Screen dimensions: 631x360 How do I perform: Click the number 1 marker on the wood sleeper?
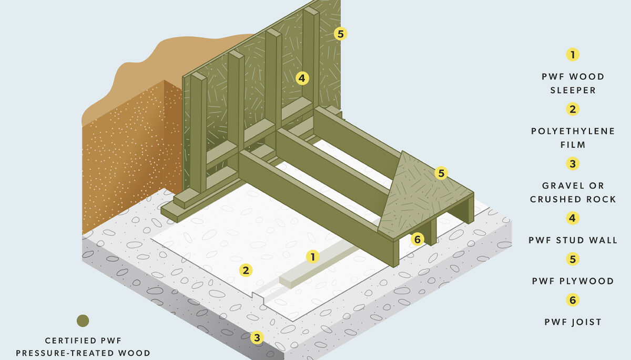click(x=313, y=256)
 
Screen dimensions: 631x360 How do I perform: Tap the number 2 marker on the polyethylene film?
click(x=246, y=270)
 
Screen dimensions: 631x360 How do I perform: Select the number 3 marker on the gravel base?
click(x=257, y=337)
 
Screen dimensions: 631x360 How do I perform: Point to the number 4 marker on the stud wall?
click(x=302, y=78)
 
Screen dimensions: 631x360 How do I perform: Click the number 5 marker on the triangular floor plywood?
click(x=441, y=173)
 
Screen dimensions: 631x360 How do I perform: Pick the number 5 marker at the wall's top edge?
click(x=340, y=34)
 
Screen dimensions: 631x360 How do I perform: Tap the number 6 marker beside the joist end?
click(x=417, y=239)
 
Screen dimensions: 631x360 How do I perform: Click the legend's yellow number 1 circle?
click(x=573, y=55)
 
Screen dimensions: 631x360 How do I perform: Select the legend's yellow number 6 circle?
click(x=573, y=300)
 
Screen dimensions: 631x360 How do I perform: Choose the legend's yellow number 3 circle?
click(x=573, y=163)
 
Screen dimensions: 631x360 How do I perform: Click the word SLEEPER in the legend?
click(x=573, y=90)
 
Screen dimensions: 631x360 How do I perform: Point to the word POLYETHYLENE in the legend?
click(x=573, y=131)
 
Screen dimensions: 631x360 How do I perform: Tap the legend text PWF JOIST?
click(x=573, y=322)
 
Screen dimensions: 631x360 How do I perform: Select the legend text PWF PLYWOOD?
click(x=573, y=281)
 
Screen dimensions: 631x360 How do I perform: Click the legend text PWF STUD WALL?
click(x=573, y=240)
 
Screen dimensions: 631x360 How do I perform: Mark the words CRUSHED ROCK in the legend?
click(x=573, y=199)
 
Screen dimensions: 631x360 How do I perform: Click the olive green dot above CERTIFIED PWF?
click(x=83, y=321)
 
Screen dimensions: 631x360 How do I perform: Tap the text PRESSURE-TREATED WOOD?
click(x=83, y=353)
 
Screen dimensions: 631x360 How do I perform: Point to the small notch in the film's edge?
click(x=258, y=298)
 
